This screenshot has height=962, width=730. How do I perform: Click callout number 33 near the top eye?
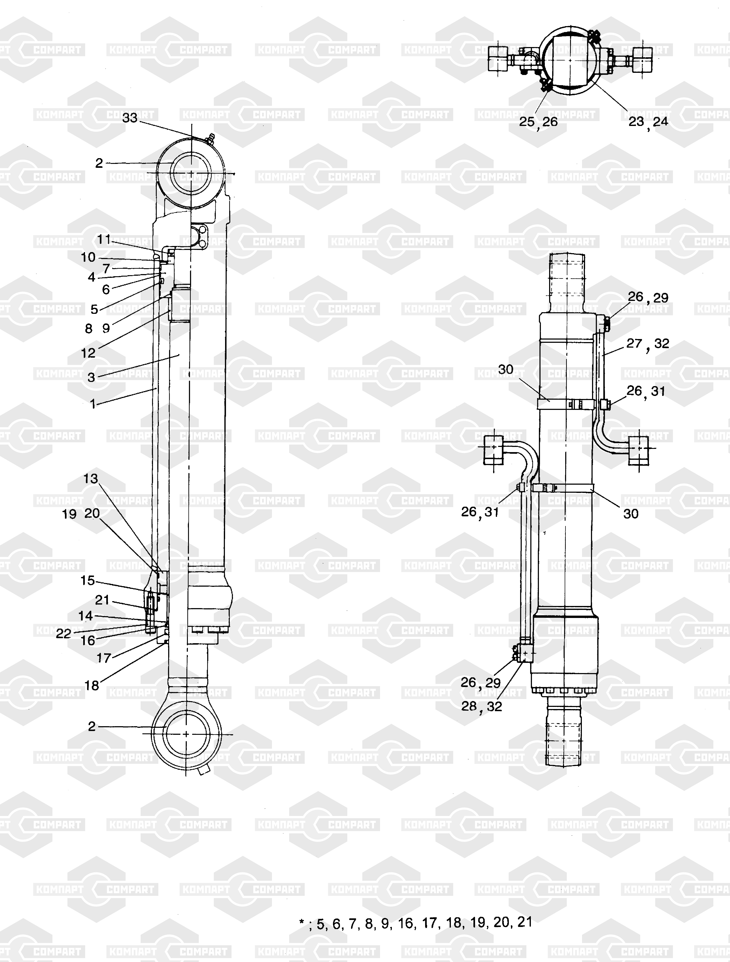[x=130, y=118]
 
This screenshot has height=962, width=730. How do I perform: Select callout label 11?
[x=104, y=239]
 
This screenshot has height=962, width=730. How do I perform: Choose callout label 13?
[x=91, y=479]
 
